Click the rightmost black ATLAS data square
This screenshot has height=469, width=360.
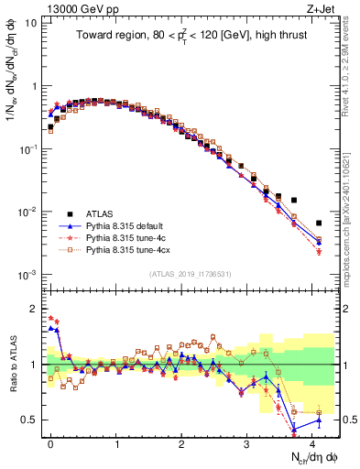tap(319, 223)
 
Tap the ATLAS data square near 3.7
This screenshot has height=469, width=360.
tap(293, 200)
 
